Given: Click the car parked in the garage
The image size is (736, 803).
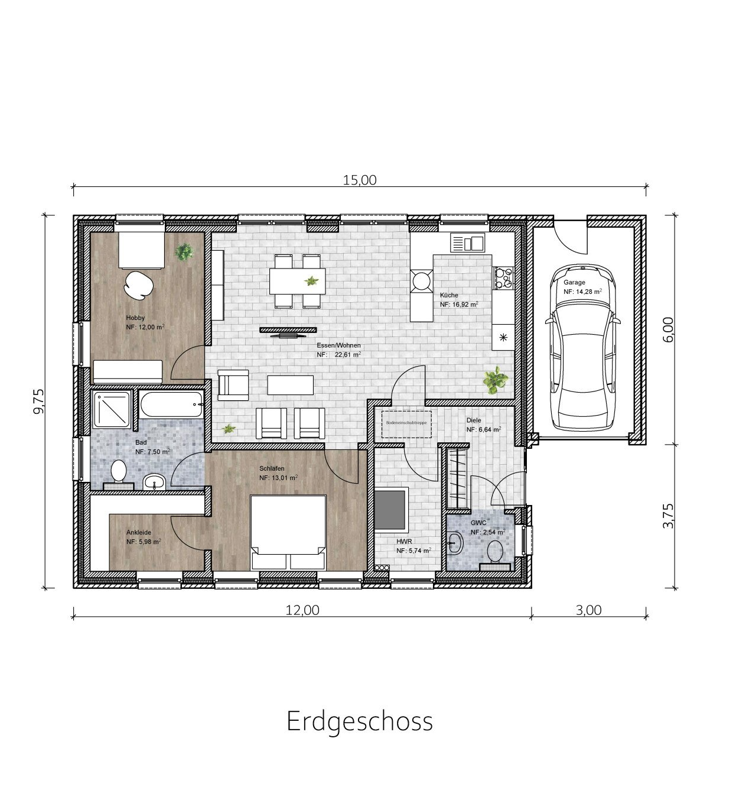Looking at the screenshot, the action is (x=583, y=348).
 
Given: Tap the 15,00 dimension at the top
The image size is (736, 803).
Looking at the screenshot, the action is (x=360, y=180).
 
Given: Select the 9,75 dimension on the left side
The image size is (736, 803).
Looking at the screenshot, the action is (x=40, y=401).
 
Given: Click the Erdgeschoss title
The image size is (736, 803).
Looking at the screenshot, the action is (x=360, y=721).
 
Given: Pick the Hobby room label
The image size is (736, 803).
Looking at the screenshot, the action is (x=135, y=318).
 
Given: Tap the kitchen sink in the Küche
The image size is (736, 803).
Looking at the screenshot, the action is (x=467, y=242).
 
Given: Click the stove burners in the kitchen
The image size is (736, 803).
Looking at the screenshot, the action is (x=504, y=278).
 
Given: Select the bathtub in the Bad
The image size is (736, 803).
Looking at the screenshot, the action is (x=171, y=404).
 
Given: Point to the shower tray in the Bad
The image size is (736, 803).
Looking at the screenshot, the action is (x=112, y=410).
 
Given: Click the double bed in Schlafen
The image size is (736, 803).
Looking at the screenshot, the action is (x=288, y=532).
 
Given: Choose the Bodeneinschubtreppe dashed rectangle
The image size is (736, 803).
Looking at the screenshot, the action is (x=406, y=425).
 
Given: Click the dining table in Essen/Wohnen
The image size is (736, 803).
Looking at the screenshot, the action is (x=297, y=281).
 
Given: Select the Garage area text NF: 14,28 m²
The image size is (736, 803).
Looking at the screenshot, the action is (x=582, y=292).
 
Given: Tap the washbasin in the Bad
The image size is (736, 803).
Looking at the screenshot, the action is (x=155, y=482).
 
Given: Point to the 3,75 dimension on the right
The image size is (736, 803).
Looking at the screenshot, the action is (x=668, y=516).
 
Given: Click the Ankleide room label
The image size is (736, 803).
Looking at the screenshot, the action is (x=139, y=532).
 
